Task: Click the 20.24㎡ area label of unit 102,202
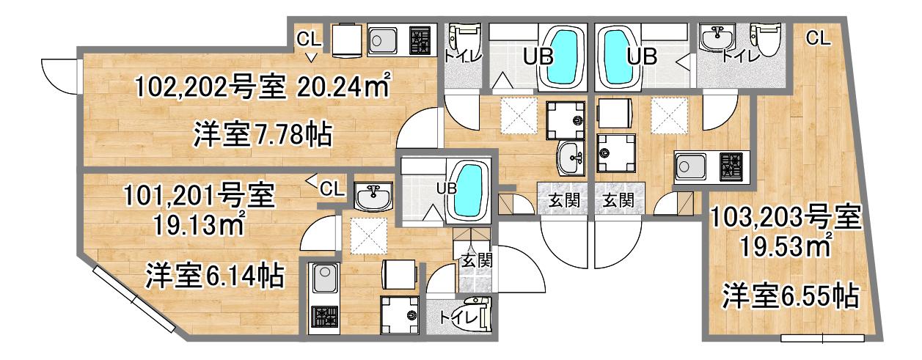[343, 86]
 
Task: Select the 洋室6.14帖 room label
[215, 275]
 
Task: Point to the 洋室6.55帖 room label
[791, 295]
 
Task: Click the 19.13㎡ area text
[200, 224]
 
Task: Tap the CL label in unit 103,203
[818, 38]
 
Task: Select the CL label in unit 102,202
[309, 39]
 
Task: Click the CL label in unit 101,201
[332, 189]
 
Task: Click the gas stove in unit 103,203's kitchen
[731, 166]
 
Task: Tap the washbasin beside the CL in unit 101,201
[373, 196]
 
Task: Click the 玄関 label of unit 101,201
[477, 260]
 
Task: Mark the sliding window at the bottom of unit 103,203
[823, 339]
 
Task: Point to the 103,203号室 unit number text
[786, 218]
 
